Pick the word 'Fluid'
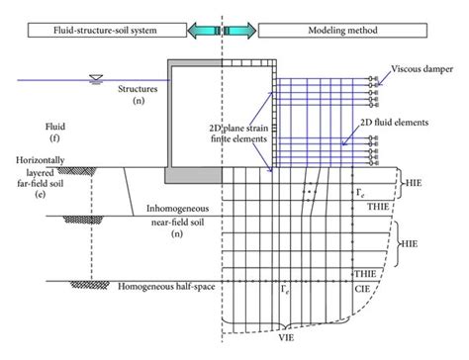(x=33, y=128)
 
